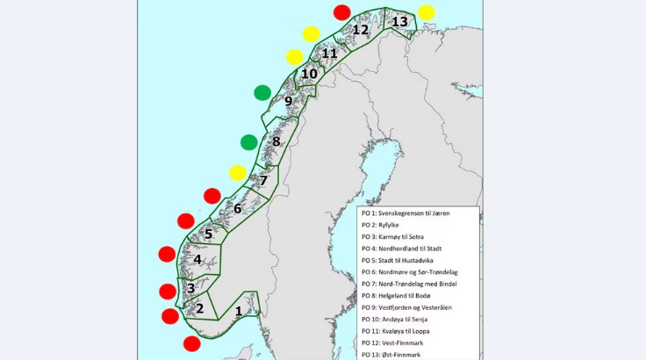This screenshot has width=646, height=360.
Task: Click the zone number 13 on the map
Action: [400, 21]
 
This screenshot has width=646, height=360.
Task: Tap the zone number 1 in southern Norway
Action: [239, 310]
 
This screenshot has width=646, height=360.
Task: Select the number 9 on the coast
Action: [288, 101]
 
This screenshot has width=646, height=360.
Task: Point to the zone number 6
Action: [237, 209]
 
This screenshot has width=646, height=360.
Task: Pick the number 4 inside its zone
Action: [198, 260]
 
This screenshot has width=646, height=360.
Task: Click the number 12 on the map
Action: [361, 30]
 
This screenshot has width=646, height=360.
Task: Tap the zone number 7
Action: [263, 180]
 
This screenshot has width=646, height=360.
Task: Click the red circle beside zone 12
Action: [342, 12]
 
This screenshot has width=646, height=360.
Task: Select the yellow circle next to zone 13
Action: [427, 12]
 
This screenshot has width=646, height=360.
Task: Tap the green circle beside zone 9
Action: [262, 92]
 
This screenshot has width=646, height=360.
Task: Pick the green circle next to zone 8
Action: [248, 142]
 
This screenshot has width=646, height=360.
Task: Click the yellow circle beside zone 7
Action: [237, 172]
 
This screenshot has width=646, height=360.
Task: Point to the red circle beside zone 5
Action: [186, 221]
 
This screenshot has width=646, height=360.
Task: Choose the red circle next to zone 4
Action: [166, 255]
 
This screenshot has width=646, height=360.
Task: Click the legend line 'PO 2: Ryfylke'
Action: [387, 225]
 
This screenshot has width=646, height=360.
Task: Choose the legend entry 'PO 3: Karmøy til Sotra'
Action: [404, 237]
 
